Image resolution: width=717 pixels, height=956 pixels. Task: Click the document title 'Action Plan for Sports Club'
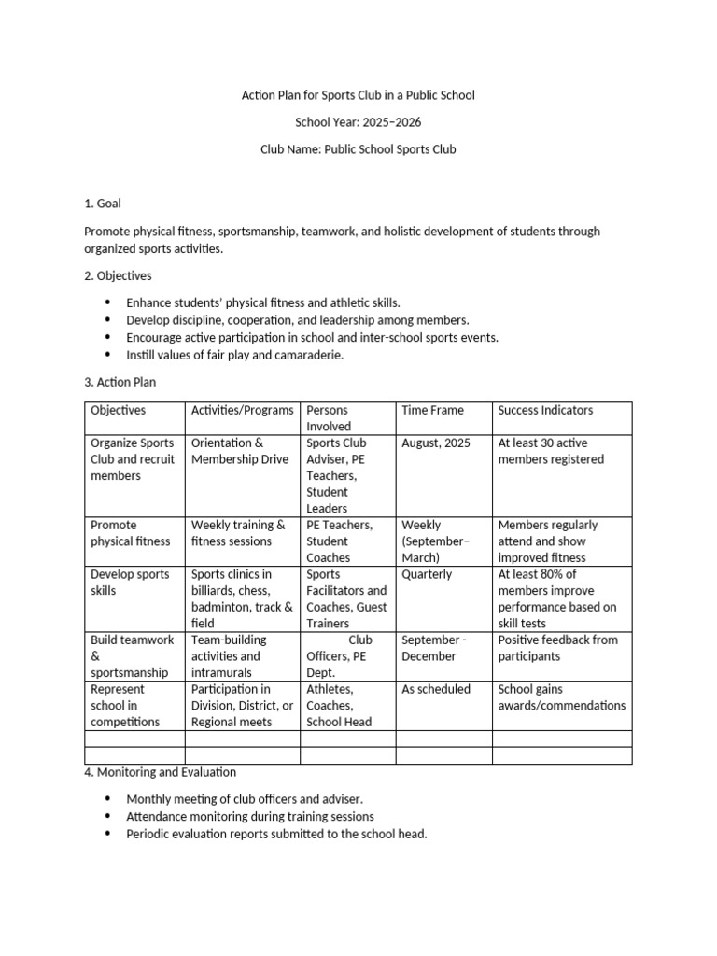click(x=358, y=95)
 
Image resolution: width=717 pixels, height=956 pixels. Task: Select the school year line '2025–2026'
click(x=358, y=122)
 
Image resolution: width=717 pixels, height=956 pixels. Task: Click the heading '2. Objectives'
click(x=118, y=276)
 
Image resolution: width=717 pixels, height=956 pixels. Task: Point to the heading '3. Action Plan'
click(x=120, y=382)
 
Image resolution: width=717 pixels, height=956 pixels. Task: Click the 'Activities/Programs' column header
click(x=242, y=411)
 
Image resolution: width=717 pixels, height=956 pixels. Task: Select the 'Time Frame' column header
click(x=432, y=411)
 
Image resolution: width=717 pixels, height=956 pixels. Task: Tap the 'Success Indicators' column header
click(x=545, y=411)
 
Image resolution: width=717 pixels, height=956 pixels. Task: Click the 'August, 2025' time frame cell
click(x=435, y=443)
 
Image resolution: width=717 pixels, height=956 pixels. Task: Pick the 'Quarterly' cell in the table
click(x=427, y=575)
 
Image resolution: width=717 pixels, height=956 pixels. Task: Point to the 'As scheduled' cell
click(x=434, y=690)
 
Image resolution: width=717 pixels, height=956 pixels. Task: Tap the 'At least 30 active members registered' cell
click(x=551, y=452)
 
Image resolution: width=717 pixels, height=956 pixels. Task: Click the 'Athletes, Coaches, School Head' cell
click(x=339, y=706)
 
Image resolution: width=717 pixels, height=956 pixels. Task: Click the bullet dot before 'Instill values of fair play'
click(x=106, y=355)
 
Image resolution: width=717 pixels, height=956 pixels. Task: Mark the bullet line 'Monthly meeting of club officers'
click(x=245, y=799)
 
